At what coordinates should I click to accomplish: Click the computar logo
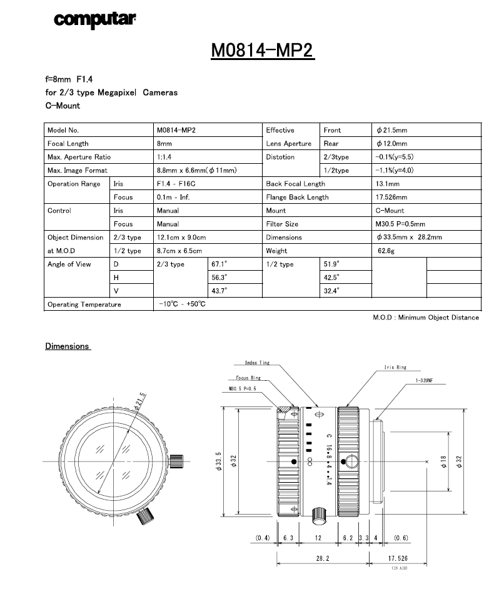[x=95, y=19]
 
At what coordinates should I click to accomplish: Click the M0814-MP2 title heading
[x=263, y=50]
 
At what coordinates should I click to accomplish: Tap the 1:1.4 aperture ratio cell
[x=166, y=157]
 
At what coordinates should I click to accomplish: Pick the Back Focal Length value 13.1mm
[x=388, y=184]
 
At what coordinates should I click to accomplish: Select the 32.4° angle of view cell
[x=331, y=291]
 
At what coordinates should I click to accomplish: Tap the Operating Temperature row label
[x=84, y=304]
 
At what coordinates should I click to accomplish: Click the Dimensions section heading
[x=68, y=346]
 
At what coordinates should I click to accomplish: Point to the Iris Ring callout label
[x=395, y=368]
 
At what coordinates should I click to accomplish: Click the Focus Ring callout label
[x=248, y=378]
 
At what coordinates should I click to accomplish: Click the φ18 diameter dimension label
[x=443, y=461]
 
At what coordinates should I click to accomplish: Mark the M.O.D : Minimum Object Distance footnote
[x=426, y=318]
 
